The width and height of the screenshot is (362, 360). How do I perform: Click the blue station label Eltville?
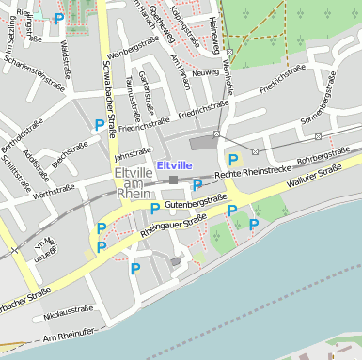[x=174, y=165]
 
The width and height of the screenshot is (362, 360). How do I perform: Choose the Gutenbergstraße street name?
[x=195, y=202]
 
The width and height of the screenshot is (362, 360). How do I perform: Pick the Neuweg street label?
[x=205, y=71]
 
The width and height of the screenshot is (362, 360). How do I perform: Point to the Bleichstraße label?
[x=70, y=156]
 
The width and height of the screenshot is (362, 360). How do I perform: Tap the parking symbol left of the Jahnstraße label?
[x=99, y=124]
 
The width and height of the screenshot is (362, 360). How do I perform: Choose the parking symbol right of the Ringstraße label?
[x=59, y=18]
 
